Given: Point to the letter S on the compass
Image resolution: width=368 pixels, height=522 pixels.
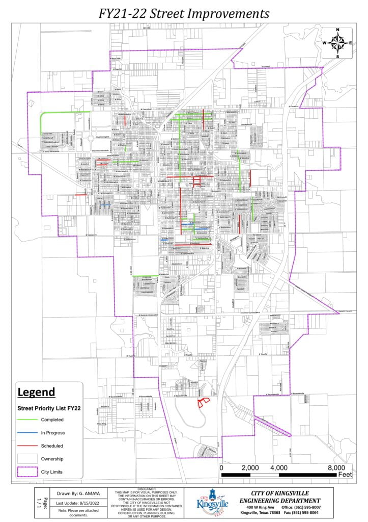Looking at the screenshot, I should coord(337,56).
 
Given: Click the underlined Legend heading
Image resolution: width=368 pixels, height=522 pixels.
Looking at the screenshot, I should coord(36,393).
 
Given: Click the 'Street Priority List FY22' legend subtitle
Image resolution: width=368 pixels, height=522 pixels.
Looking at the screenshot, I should coord(50,408).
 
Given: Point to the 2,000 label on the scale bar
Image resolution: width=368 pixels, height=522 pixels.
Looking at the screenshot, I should coord(250,468).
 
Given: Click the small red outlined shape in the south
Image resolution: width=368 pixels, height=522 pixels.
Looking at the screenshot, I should coord(203,402).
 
